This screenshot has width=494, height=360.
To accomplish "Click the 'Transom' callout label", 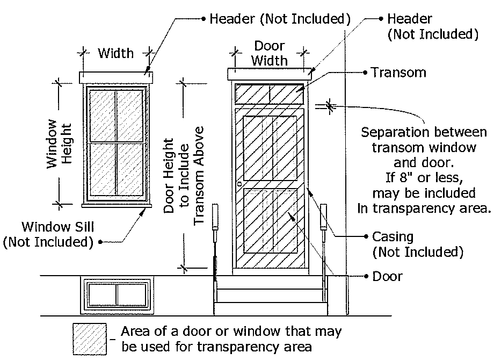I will click(398, 73).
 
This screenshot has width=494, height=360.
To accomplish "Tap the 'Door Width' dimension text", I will click(270, 53).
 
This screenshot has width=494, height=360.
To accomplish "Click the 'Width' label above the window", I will click(115, 53).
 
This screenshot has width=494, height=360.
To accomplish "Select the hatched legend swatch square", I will click(90, 339).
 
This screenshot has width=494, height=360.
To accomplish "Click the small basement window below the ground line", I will click(115, 294).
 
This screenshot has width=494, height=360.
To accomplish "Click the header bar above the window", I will click(116, 78).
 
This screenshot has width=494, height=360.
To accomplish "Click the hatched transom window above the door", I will click(270, 93).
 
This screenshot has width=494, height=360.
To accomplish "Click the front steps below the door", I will click(270, 296).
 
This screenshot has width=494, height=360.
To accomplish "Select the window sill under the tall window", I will click(116, 204).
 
